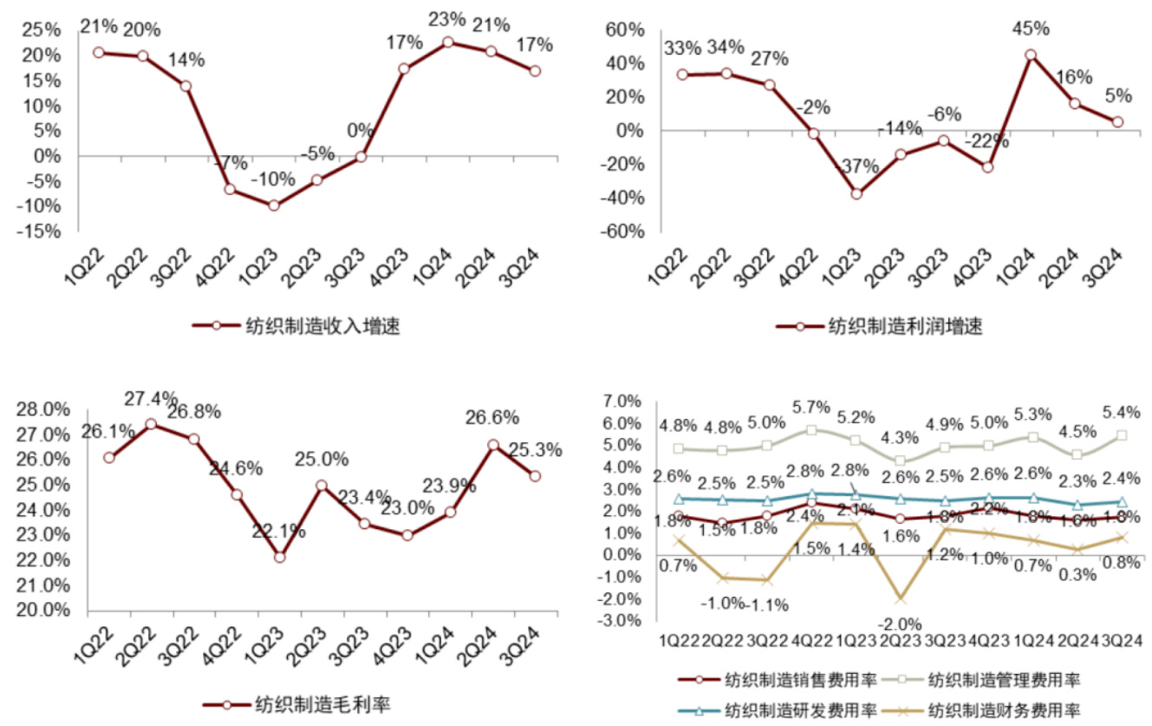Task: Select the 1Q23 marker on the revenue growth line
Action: (274, 206)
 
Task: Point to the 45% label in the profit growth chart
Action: (1030, 28)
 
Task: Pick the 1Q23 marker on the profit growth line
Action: (856, 193)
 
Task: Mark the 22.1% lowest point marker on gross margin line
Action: (279, 557)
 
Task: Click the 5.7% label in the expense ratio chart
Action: (811, 407)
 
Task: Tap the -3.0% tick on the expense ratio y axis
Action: (622, 621)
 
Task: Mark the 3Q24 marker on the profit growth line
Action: (1117, 122)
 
